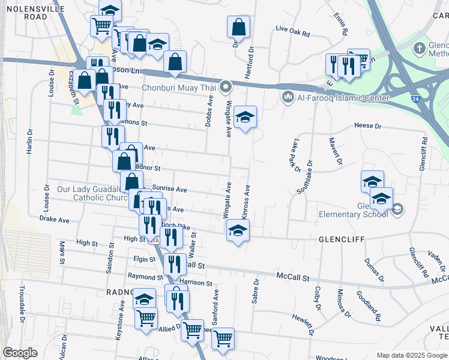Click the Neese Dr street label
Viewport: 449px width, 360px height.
tap(368, 127)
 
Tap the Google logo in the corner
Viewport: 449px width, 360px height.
tap(20, 352)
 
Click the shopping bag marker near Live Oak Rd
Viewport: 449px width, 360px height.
tap(239, 28)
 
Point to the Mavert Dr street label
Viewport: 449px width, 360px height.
tap(336, 151)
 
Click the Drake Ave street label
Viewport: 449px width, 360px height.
tap(54, 220)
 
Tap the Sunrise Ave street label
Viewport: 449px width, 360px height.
tap(169, 189)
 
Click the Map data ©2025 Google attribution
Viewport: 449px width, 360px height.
tap(412, 355)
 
